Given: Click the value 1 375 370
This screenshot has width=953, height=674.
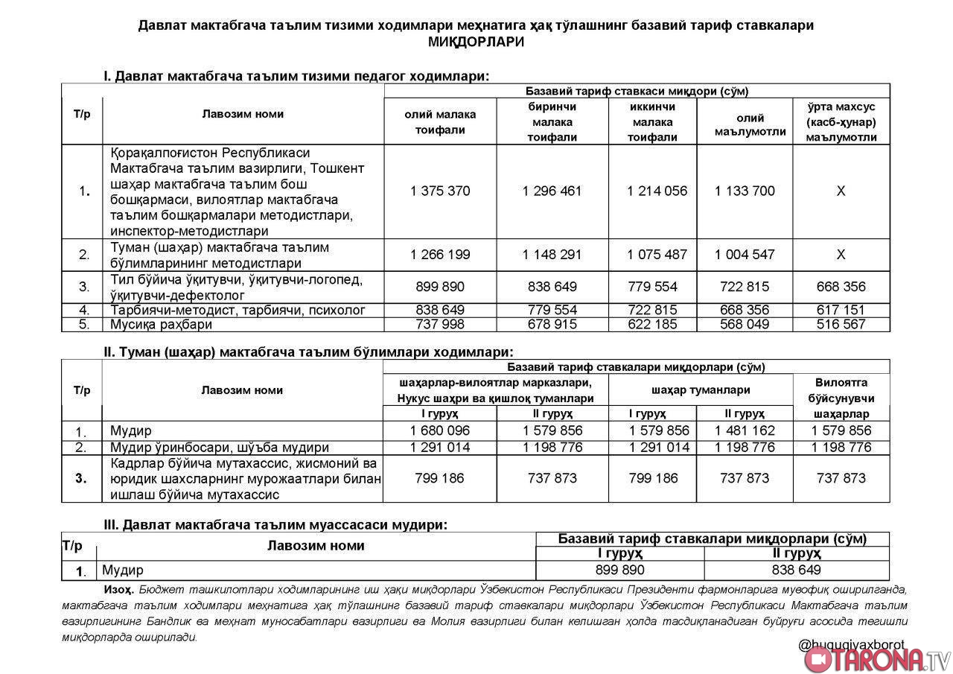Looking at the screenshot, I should point(440,191).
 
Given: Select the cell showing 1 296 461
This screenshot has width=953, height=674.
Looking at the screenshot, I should point(552,191).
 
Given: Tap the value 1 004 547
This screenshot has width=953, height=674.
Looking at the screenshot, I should point(745,255).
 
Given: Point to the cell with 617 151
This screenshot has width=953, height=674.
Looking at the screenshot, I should point(841,310).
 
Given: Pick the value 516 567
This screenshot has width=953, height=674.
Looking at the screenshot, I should point(841,325).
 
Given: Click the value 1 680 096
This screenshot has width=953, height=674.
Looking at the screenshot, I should point(440,431).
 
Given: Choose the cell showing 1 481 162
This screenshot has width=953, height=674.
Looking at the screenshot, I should point(745,431).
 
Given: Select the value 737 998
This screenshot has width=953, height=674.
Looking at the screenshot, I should point(440,325).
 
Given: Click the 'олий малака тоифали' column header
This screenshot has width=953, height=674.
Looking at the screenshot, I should point(440,122).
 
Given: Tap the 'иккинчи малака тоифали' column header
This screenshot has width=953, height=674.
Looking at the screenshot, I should point(652,122).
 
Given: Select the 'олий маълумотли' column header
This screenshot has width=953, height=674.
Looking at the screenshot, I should point(745,124).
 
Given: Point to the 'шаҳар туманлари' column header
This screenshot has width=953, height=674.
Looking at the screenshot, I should point(700,390).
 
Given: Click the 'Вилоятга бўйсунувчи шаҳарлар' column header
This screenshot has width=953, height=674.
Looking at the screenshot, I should point(841,398).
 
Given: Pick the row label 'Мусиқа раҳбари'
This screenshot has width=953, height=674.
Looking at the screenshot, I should point(162,325).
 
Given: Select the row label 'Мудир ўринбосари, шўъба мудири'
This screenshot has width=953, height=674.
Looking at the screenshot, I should point(220,448).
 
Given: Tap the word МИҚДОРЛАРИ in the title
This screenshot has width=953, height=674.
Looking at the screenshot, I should point(476,42).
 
